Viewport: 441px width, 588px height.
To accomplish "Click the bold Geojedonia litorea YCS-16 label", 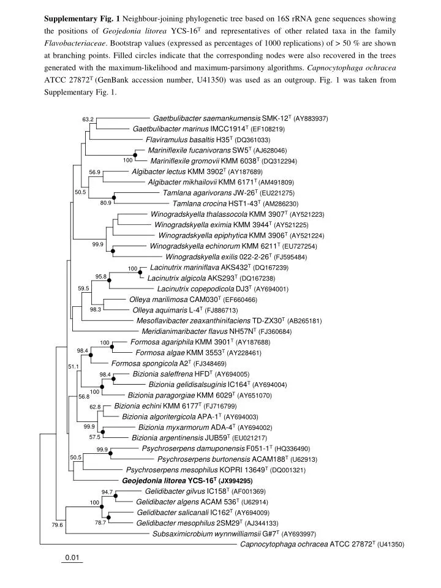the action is tap(170, 481).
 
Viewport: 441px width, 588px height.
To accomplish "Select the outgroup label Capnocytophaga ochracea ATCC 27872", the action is tap(308, 545).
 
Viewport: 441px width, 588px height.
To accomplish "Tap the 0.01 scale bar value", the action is tap(72, 557).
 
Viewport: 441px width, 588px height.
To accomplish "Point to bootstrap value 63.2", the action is tap(88, 119).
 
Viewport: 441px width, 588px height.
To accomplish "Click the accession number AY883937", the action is tap(311, 119).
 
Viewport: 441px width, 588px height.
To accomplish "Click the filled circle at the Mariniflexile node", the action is tap(135, 154).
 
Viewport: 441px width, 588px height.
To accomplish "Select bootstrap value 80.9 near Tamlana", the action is tap(106, 203).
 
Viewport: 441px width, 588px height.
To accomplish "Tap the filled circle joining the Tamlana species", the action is tap(114, 197).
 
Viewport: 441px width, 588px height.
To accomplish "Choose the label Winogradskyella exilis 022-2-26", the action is tap(218, 257).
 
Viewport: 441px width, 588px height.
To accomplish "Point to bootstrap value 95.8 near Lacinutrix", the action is tap(101, 277).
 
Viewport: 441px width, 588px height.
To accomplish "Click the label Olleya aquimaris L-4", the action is tap(167, 311).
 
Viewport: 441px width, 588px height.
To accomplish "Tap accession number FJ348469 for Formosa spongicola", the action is tap(210, 364).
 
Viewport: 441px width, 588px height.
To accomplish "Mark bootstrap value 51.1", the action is tap(73, 366).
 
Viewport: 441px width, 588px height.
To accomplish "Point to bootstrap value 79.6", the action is tap(58, 525).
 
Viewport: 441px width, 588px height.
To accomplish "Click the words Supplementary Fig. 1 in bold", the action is tap(82, 19).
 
